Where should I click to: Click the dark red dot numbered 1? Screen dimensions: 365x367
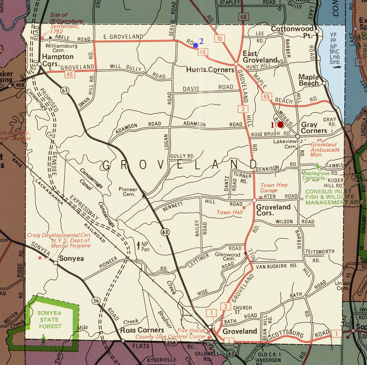(x=280, y=124)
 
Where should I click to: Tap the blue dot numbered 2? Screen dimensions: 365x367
(x=195, y=45)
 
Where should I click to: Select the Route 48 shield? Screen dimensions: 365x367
(x=243, y=17)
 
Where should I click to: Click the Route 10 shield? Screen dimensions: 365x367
(x=219, y=39)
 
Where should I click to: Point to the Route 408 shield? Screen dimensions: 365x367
(x=20, y=85)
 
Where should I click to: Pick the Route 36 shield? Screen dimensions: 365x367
(x=96, y=300)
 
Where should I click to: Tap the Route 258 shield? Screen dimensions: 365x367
(x=171, y=342)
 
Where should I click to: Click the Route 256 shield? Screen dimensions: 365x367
(x=358, y=177)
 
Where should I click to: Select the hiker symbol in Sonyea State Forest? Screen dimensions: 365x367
(x=43, y=339)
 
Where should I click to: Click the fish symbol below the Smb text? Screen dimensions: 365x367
(x=335, y=67)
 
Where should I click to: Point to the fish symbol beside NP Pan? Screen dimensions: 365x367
(x=139, y=245)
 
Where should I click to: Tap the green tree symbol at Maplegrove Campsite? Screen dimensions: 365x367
(x=317, y=166)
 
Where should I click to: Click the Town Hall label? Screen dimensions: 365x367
(x=229, y=212)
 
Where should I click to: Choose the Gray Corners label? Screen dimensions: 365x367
(x=313, y=128)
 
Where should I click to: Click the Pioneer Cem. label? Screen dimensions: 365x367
(x=128, y=192)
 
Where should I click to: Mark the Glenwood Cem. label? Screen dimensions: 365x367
(x=228, y=256)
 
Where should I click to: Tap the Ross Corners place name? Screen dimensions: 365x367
(x=142, y=330)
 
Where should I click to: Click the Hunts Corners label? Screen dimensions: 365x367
(x=210, y=70)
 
